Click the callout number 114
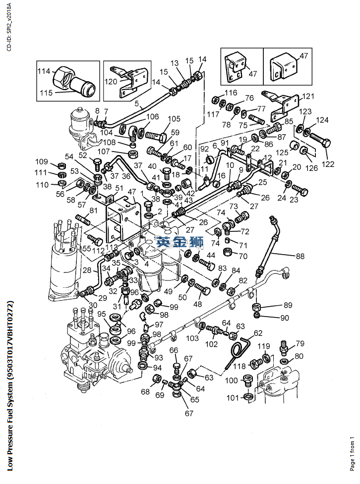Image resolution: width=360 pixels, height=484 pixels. pos(44,71)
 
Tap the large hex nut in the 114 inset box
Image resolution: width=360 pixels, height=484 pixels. pos(63,77)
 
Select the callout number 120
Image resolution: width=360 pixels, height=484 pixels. pos(110,81)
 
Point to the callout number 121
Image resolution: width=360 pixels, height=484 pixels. pos(308,96)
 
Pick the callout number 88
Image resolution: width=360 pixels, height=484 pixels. pos(300,256)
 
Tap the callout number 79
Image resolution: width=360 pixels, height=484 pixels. pos(300,343)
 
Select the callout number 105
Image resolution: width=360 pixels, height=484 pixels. pos(174,119)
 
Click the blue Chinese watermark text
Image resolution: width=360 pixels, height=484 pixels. pos(180,241)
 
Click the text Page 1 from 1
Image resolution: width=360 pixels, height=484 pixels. pos(352,454)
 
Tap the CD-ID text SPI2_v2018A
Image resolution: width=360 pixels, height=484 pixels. pos(9,27)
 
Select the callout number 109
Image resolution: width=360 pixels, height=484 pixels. pos(42,161)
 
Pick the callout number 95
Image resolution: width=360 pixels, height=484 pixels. pos(102,314)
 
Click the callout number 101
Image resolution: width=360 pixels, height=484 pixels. pos(233,398)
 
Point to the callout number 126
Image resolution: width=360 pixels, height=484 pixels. pos(311,168)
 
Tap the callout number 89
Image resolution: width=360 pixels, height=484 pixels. pos(288,305)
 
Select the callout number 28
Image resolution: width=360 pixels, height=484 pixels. pos(87,270)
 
